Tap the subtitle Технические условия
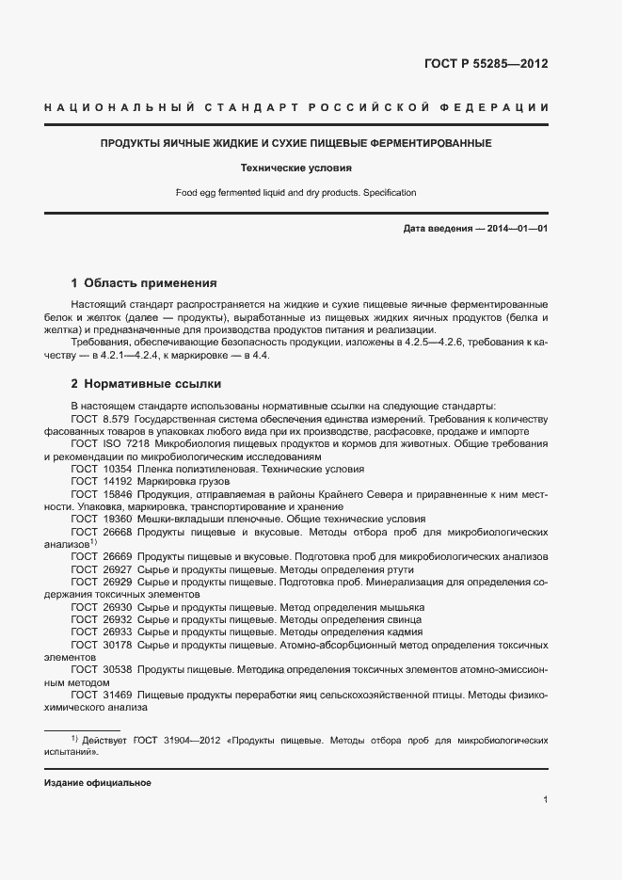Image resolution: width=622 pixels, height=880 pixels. pos(295,168)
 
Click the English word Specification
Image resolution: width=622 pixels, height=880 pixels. pos(389,192)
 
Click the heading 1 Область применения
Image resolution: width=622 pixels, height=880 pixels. pos(144,282)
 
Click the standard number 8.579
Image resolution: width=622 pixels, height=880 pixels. pos(116,417)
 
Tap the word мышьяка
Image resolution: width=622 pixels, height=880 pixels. pos(400,607)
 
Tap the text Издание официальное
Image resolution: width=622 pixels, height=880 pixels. pos(97,782)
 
